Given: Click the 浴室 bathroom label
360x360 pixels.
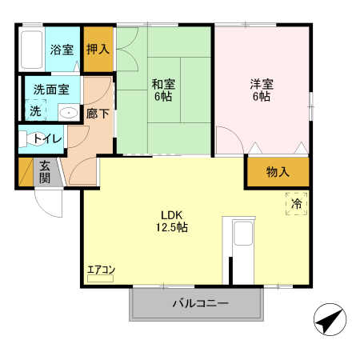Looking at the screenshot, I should click(62, 50).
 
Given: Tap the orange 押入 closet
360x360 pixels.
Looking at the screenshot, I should click(98, 49).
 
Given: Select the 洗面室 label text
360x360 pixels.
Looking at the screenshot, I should click(50, 90).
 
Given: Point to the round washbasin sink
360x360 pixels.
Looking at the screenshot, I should click(69, 112).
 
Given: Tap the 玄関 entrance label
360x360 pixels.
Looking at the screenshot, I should click(45, 172).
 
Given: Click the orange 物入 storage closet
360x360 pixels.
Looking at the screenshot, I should click(277, 172).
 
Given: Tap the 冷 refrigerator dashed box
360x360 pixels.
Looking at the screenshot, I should click(296, 205).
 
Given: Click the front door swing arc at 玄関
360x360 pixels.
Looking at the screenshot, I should click(48, 204).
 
